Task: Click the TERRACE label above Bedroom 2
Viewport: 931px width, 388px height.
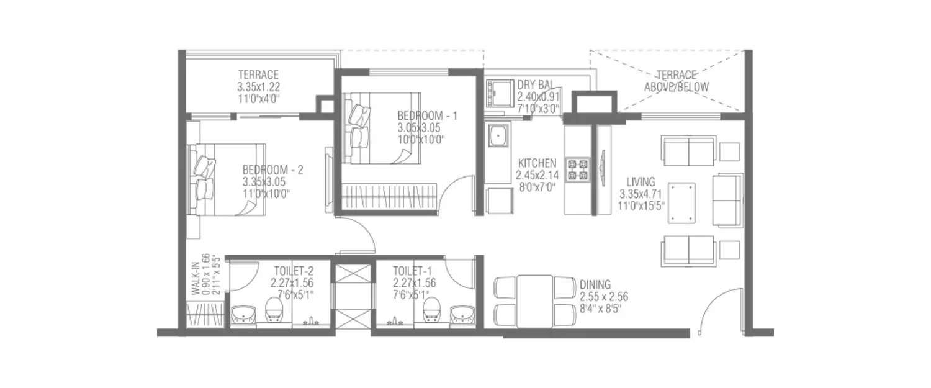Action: tap(258, 74)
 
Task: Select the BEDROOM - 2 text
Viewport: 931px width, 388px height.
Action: tap(272, 169)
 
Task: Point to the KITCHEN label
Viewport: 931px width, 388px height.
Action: tap(537, 163)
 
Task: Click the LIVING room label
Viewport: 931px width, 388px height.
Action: tap(641, 182)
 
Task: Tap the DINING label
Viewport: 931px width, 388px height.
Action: tap(595, 284)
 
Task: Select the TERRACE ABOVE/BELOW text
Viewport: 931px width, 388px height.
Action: tap(676, 82)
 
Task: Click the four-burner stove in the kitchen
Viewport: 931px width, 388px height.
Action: tap(579, 170)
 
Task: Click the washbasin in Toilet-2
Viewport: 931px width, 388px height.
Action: tap(242, 315)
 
